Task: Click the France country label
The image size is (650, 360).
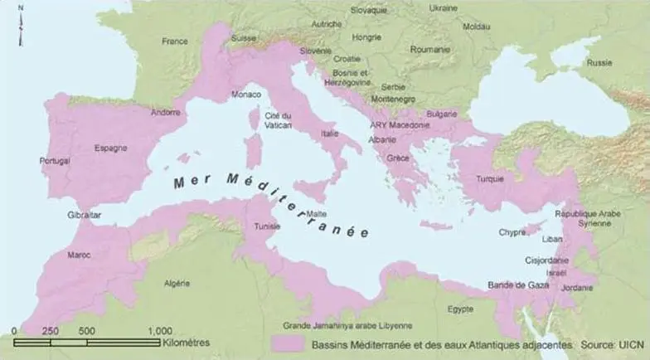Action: (175, 41)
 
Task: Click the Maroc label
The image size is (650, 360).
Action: (79, 255)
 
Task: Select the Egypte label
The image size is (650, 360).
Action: (460, 309)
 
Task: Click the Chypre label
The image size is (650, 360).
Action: (512, 233)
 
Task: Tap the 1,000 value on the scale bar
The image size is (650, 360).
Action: (160, 331)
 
